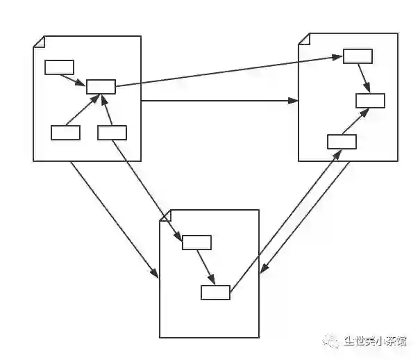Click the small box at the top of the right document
click(358, 56)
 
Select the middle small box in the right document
click(370, 100)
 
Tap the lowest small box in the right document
click(342, 142)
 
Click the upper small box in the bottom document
click(196, 242)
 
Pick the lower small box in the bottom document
click(215, 293)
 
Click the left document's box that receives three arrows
click(101, 86)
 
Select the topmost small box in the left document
click(59, 67)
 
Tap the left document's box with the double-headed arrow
click(112, 132)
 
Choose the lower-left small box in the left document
click(66, 132)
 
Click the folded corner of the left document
click(38, 42)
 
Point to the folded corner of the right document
click(303, 38)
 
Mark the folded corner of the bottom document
click(165, 215)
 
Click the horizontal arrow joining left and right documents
click(219, 101)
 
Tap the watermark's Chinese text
click(375, 341)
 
